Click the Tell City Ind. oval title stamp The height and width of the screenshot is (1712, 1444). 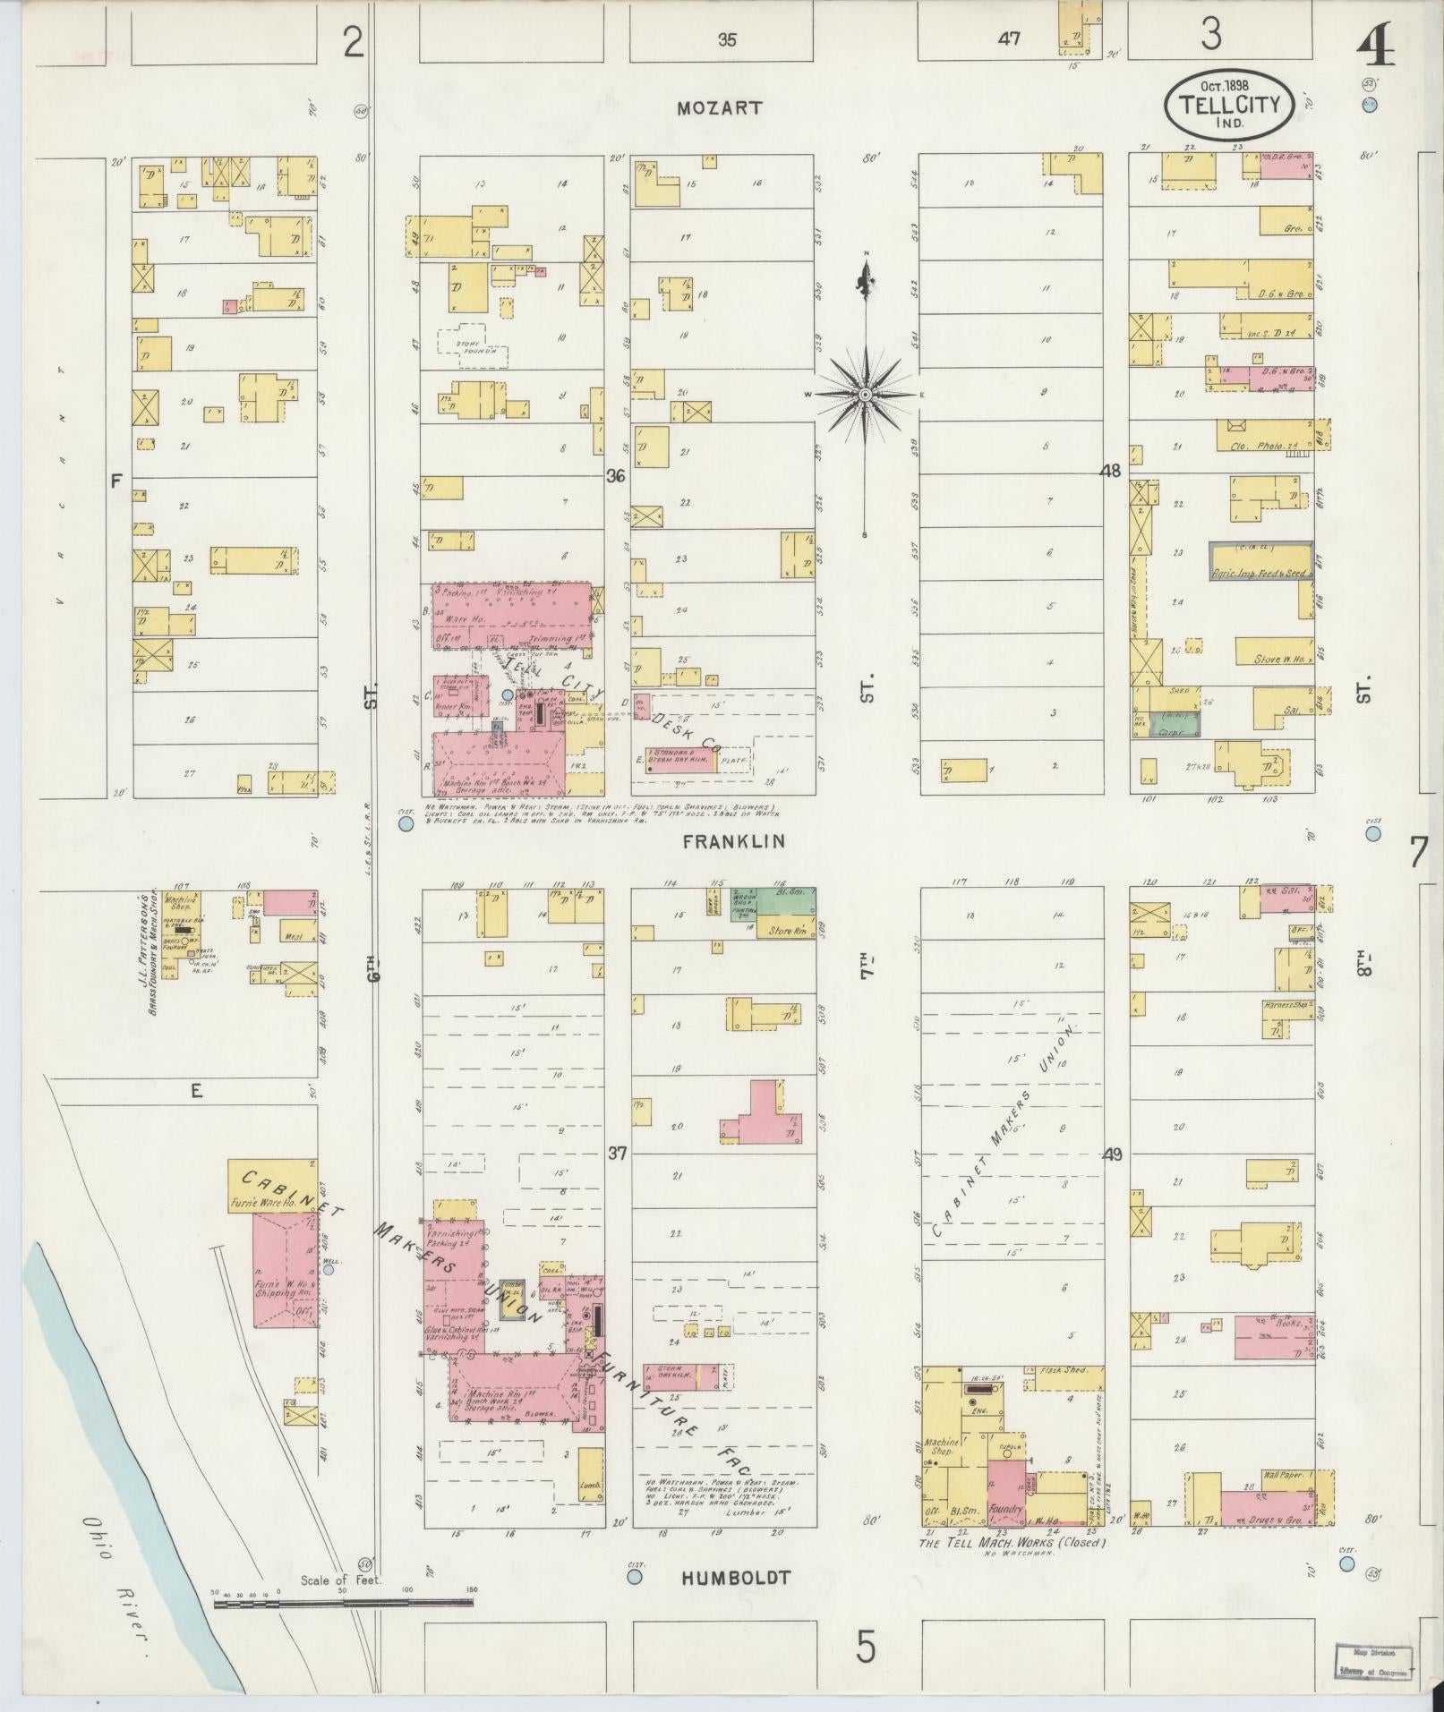click(x=1228, y=106)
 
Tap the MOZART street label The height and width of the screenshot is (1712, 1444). click(x=720, y=108)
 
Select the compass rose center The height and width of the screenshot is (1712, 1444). click(x=866, y=395)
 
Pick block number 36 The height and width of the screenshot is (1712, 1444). click(x=615, y=476)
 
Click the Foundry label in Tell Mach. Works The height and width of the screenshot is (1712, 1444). click(x=1005, y=1508)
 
